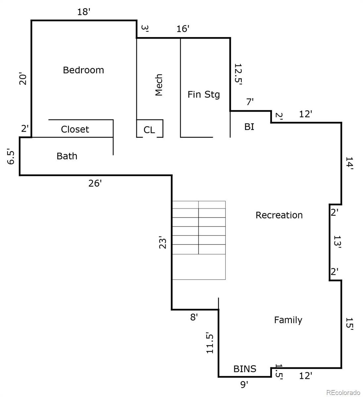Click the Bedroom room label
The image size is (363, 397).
83,70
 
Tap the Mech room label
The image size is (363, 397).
159,85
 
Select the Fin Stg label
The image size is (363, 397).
204,95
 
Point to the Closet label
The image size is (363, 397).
75,129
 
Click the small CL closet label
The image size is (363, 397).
149,130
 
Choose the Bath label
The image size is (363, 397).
67,156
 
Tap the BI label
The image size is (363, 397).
249,127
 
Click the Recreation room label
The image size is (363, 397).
279,215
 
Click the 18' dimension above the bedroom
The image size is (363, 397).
83,12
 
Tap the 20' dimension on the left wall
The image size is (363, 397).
23,79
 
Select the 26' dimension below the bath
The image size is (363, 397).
95,184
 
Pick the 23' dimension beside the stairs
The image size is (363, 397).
163,242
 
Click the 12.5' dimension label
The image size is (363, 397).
238,74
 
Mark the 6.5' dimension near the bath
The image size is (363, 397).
11,156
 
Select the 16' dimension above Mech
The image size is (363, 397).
183,29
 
